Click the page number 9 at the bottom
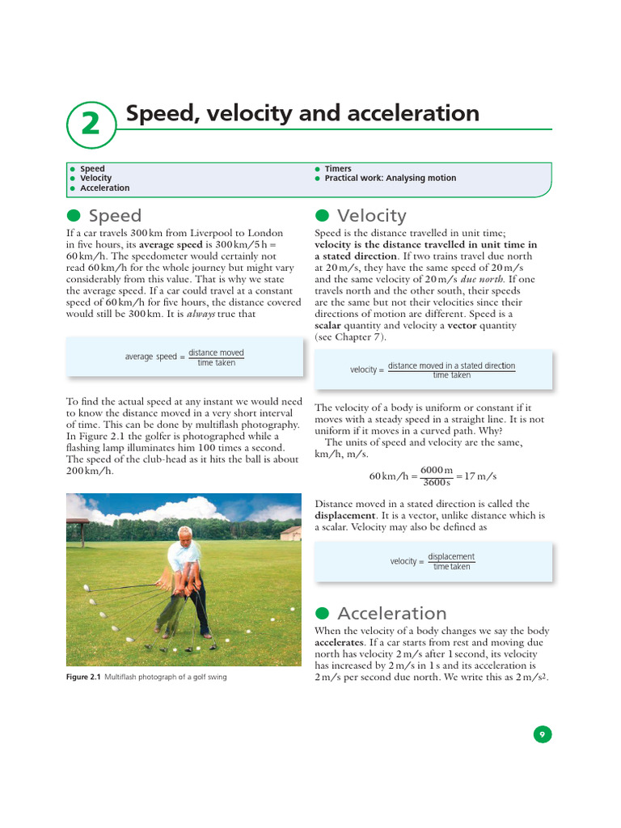coord(542,734)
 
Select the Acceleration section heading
coord(391,613)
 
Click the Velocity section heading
coord(371,216)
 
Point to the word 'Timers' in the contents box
coord(338,169)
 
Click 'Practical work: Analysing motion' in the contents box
coord(390,178)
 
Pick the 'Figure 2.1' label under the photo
coord(82,677)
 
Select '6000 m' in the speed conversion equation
coord(437,470)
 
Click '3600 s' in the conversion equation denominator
coord(437,483)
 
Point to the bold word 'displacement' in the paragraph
coord(344,515)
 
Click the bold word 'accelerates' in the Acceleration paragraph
coord(340,643)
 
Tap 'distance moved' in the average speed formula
coord(216,353)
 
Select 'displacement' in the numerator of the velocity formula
coord(450,556)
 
